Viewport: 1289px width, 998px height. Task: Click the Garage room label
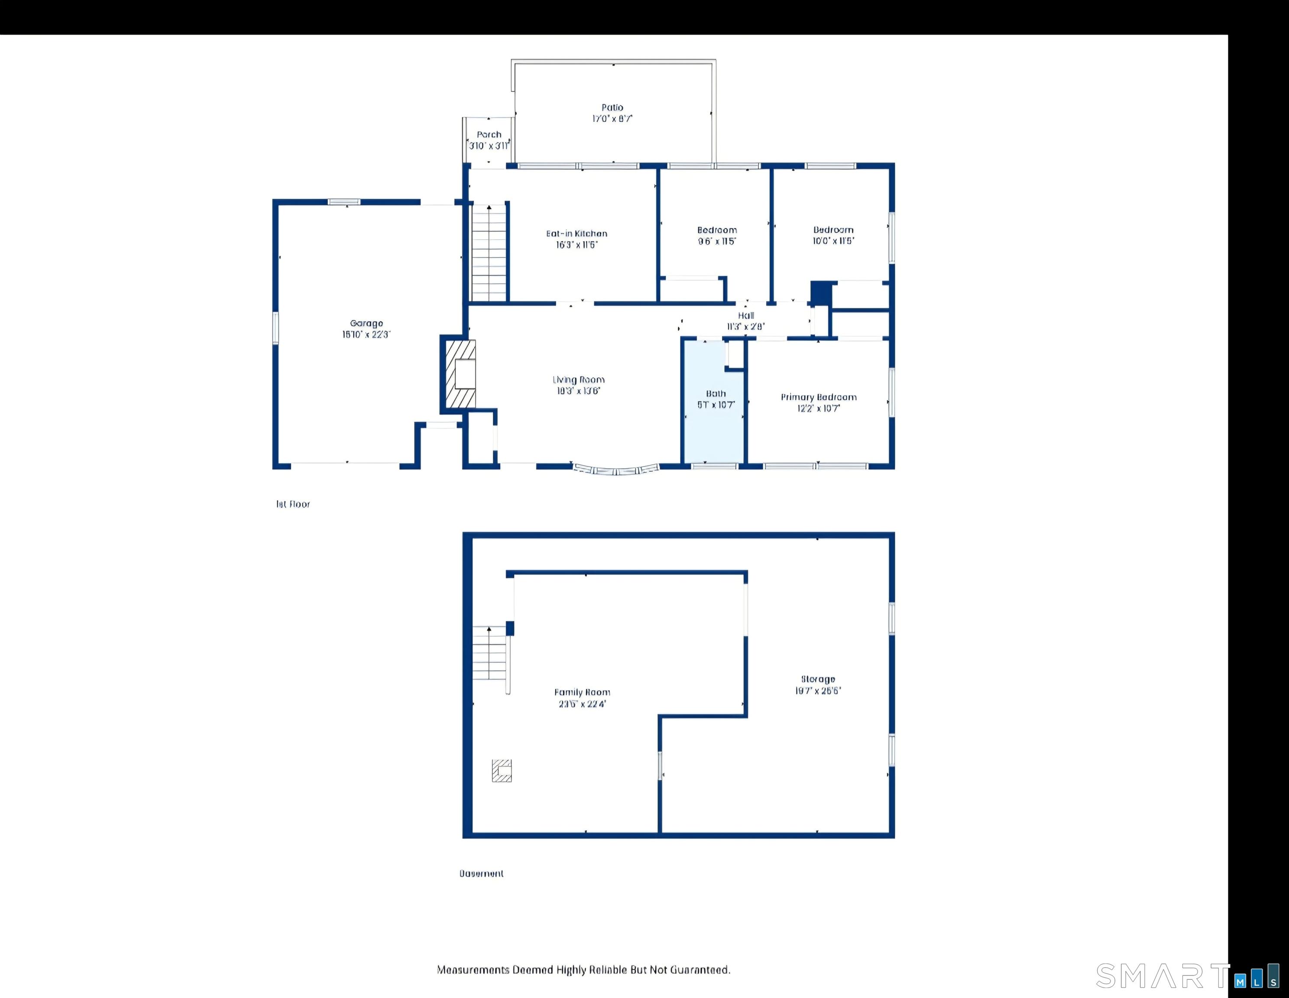pos(366,324)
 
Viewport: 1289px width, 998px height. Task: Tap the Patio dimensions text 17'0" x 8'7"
pos(612,119)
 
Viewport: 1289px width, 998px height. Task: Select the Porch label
pos(489,135)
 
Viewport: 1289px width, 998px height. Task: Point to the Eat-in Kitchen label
pos(576,234)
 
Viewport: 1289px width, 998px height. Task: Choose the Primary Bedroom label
pos(818,397)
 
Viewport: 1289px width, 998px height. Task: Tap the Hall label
pos(745,316)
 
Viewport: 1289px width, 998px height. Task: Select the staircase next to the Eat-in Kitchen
pos(489,254)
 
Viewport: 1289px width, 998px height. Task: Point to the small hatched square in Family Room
pos(502,771)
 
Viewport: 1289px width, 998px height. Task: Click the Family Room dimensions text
pos(582,703)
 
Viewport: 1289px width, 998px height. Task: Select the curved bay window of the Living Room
pos(616,470)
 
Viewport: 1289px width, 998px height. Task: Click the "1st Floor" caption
pos(293,504)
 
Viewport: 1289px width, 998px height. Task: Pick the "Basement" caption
pos(481,874)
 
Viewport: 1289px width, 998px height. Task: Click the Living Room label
pos(578,380)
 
